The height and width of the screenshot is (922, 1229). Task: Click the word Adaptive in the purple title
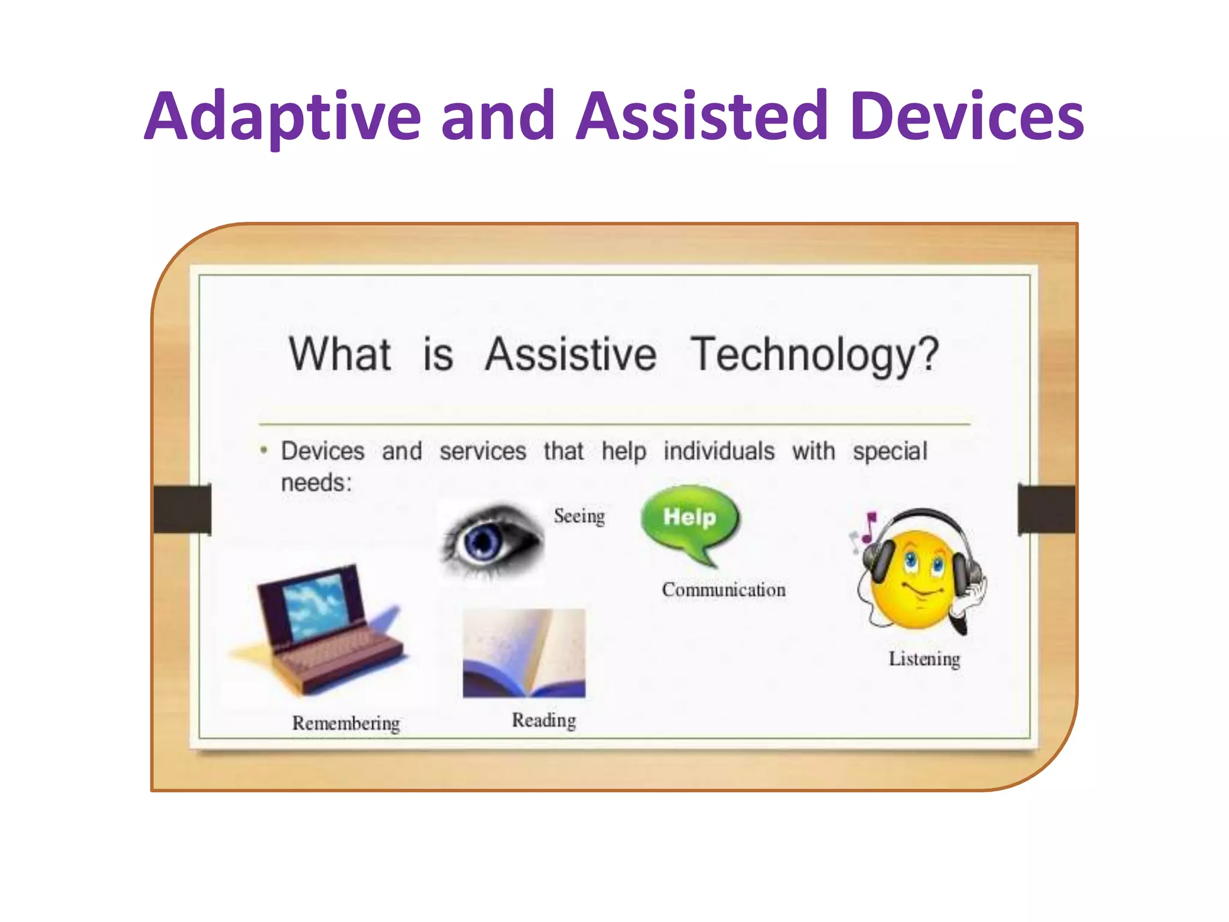point(282,117)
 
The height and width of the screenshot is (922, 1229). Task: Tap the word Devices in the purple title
point(967,117)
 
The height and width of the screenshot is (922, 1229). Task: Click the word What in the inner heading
point(340,354)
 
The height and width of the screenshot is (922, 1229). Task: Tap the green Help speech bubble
point(690,520)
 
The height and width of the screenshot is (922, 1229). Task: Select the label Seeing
point(579,516)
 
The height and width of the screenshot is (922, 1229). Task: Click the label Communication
point(723,590)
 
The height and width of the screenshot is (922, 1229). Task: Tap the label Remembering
point(346,723)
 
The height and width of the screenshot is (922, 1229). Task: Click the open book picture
point(524,653)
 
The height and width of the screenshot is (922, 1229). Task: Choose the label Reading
point(544,720)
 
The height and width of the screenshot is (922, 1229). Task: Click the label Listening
point(924,659)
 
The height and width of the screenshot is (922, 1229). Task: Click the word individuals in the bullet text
point(718,451)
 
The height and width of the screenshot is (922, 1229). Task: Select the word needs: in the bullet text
point(316,483)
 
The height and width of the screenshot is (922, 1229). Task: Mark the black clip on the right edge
point(1046,509)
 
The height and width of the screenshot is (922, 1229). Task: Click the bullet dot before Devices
point(263,450)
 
